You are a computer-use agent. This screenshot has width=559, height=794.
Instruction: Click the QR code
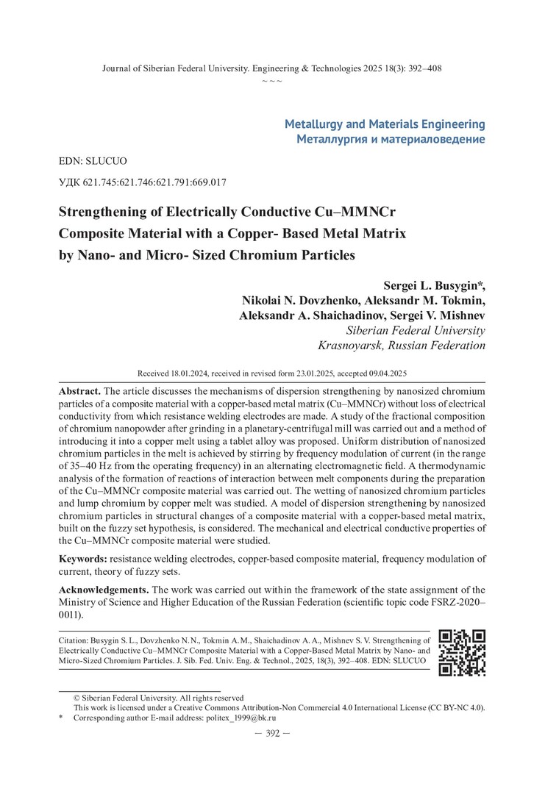click(462, 652)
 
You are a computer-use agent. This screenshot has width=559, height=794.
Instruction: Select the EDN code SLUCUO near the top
click(95, 159)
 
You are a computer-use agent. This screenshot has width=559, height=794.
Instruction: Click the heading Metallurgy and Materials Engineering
click(385, 124)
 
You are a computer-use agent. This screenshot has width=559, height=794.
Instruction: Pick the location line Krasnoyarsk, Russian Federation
click(401, 345)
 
